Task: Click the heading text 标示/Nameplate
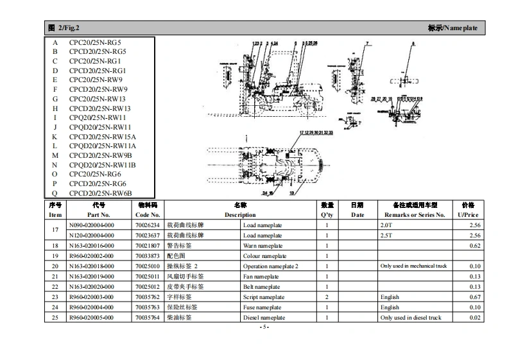click(x=452, y=28)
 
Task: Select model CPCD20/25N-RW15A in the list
click(x=103, y=137)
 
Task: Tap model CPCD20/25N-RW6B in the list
click(x=100, y=193)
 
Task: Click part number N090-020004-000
click(x=91, y=225)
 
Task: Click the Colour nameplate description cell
click(x=264, y=256)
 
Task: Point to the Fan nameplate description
click(x=261, y=277)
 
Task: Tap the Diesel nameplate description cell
click(x=264, y=318)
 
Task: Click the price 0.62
click(x=474, y=246)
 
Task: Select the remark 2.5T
click(x=386, y=236)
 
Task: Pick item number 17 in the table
click(x=55, y=230)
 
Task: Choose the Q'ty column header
click(x=327, y=215)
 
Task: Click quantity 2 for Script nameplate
click(x=327, y=297)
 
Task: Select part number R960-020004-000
click(x=91, y=307)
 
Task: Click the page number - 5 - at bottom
click(x=263, y=327)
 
